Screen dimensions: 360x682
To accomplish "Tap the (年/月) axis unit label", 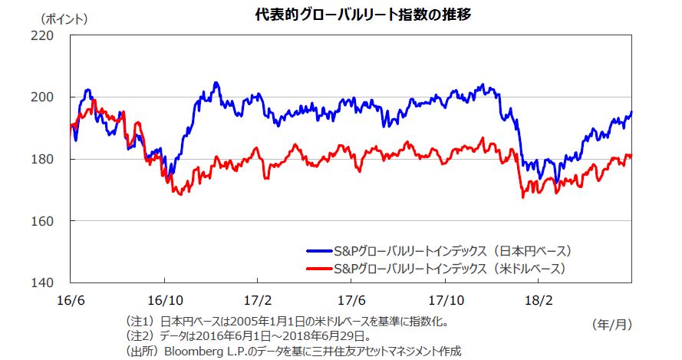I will (x=611, y=325).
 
